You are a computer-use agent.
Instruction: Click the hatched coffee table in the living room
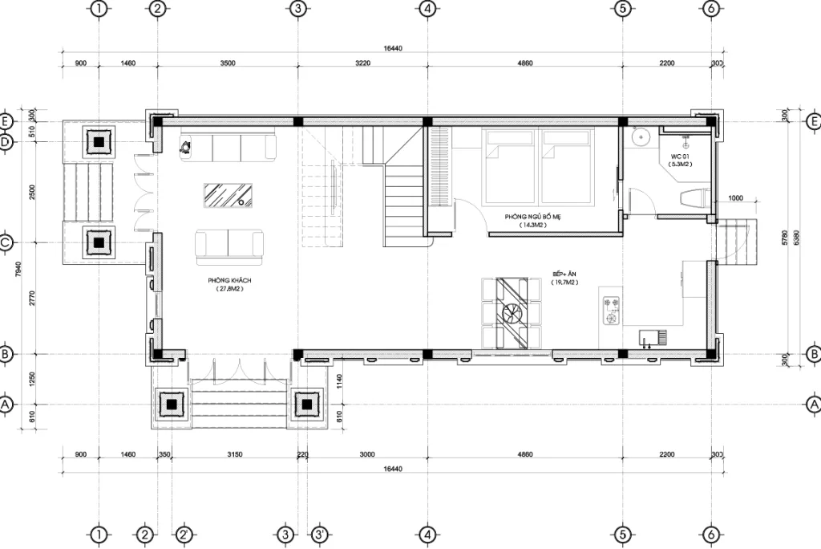point(229,195)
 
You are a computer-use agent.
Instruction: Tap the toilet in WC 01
point(692,198)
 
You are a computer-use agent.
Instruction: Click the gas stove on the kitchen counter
point(612,311)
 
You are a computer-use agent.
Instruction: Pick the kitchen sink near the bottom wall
point(650,336)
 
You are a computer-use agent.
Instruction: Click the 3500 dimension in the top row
point(228,63)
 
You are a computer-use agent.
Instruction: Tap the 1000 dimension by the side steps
point(735,198)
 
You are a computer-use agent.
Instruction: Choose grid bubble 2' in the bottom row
point(184,534)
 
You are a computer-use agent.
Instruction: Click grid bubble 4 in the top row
point(427,9)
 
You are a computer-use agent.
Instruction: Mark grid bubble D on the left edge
point(6,142)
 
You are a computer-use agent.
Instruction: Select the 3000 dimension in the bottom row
point(367,455)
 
